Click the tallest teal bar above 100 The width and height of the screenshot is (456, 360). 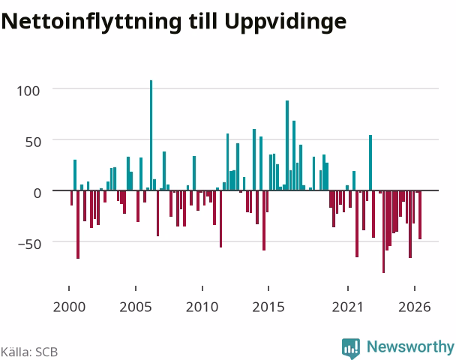[151, 135]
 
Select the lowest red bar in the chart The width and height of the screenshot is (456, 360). [383, 232]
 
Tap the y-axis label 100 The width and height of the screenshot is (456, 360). [28, 91]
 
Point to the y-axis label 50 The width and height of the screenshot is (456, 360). [34, 142]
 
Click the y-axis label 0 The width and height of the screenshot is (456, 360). [37, 193]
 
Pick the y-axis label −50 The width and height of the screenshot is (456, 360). [30, 244]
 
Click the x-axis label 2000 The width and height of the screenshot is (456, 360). [69, 307]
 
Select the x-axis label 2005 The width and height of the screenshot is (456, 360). [136, 307]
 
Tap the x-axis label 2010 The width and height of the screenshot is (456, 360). [202, 307]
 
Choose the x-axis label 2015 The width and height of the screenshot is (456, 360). [268, 307]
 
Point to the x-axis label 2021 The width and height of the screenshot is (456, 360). [348, 307]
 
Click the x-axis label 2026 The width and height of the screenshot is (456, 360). [415, 307]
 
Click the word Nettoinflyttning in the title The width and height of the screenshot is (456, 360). [91, 22]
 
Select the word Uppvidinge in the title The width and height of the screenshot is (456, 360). [285, 22]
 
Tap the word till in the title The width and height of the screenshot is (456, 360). [203, 21]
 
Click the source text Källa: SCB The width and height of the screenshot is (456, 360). [29, 352]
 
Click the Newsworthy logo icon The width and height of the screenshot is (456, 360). [351, 348]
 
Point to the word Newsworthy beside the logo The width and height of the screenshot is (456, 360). [410, 347]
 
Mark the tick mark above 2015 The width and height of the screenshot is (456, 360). [268, 288]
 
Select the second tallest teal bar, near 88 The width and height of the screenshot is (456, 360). [287, 145]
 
